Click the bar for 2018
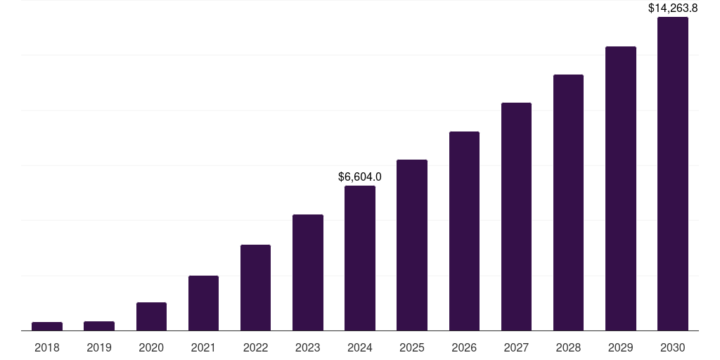[x=47, y=326]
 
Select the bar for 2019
[x=99, y=326]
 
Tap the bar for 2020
[x=151, y=316]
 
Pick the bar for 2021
[x=203, y=303]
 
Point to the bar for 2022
[x=255, y=288]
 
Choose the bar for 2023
[x=308, y=272]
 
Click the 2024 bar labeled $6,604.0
[x=360, y=258]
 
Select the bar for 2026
[x=464, y=231]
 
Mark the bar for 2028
[x=568, y=202]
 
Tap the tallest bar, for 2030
[x=672, y=174]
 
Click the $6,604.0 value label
[x=360, y=176]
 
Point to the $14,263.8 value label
[x=672, y=8]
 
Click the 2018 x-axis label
[x=47, y=347]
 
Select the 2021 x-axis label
[x=203, y=347]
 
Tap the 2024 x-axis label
[x=360, y=347]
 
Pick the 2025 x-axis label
[x=412, y=347]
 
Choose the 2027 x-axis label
[x=516, y=347]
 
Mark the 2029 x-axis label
[x=620, y=347]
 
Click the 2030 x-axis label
[x=672, y=347]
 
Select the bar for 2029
[x=620, y=188]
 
